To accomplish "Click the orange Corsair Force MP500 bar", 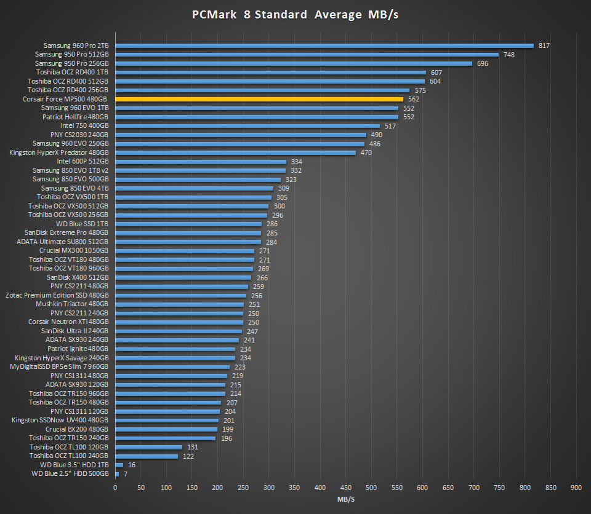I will pos(259,99).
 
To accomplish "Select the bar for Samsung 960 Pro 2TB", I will pos(324,45).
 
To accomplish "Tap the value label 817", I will pos(544,45).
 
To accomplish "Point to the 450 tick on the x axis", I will pos(345,488).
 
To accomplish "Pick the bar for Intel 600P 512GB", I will pos(201,162).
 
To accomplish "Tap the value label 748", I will pos(509,55).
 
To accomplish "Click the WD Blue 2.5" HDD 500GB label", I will pos(70,474).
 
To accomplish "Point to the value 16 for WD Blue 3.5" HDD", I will pos(132,465).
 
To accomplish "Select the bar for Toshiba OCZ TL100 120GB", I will pos(148,447).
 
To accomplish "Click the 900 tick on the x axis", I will pos(576,488).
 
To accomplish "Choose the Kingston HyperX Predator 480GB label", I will pos(59,152).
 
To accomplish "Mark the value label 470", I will pos(366,152).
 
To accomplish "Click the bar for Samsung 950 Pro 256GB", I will pos(293,63).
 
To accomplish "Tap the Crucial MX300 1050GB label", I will pos(73,251).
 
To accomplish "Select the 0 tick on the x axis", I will pos(115,488).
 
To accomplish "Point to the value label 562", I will pos(413,99).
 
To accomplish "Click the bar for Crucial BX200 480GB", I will pos(166,429).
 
